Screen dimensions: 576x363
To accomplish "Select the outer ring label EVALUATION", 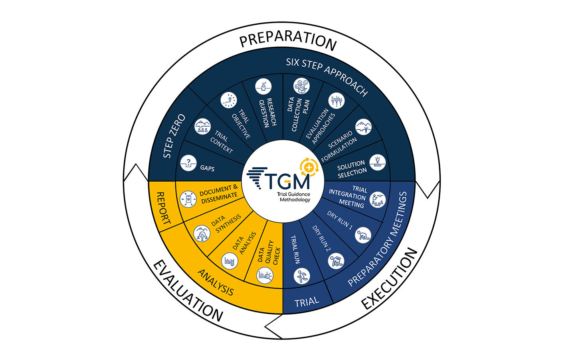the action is (188, 291).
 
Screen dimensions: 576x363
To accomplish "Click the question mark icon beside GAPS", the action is (188, 163).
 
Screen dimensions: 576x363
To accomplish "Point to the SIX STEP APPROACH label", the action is (327, 76).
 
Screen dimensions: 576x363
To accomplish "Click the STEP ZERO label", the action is (174, 136).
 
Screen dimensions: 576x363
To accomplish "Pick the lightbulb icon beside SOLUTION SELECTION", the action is (378, 163).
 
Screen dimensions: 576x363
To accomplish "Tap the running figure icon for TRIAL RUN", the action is (302, 276).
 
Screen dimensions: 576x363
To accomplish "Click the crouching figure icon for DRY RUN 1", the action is (363, 235).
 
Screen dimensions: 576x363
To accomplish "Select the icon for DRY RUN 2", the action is (336, 261).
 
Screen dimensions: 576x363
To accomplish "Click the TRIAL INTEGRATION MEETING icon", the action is (378, 200).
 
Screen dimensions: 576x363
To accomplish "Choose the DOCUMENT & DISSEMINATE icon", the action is (188, 199).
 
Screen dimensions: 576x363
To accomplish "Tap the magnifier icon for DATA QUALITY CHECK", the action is (265, 276).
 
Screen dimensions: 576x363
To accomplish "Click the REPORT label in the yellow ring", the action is (164, 208).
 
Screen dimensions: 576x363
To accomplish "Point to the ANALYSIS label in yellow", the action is (216, 282).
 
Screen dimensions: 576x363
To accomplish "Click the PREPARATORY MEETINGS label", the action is (378, 239).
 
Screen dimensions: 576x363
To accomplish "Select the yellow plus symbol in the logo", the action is (309, 167).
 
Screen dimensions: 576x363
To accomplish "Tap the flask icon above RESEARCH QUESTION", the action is (263, 87).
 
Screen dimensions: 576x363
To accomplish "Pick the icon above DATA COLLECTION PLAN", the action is (301, 86).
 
